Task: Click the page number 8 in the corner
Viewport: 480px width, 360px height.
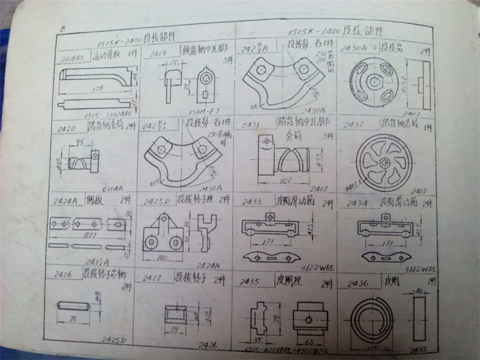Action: point(63,28)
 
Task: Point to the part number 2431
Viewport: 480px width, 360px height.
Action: point(251,124)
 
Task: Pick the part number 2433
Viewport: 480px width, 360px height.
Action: point(251,202)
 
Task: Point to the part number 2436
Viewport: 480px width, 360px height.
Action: point(358,282)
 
